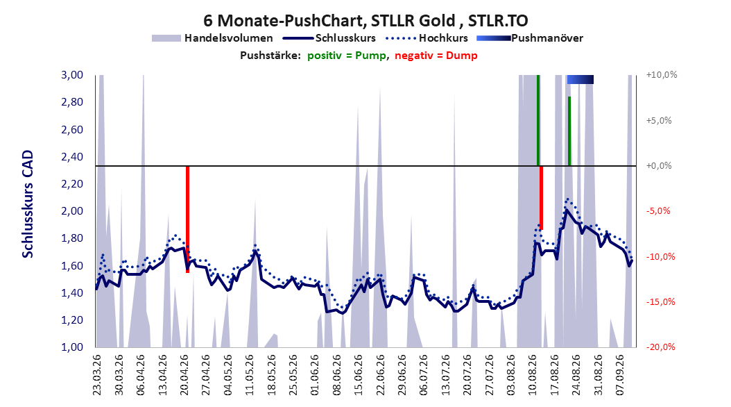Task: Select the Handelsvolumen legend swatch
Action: [x=166, y=38]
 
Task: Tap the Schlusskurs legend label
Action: [x=345, y=38]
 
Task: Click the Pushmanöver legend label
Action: [x=547, y=38]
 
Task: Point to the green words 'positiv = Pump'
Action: [x=347, y=56]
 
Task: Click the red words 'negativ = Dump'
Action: [x=436, y=56]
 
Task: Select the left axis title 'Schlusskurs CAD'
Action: [x=28, y=204]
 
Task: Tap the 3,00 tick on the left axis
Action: [x=72, y=75]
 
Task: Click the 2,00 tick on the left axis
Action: [x=72, y=211]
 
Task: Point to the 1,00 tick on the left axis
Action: [x=72, y=347]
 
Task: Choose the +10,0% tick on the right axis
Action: [x=662, y=75]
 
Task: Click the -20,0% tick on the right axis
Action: [x=660, y=347]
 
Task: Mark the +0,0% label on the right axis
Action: [x=659, y=166]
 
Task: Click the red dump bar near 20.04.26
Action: [x=187, y=219]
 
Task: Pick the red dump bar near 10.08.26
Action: [x=541, y=197]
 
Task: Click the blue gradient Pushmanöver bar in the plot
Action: [x=580, y=79]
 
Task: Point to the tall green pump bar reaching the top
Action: [x=538, y=120]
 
